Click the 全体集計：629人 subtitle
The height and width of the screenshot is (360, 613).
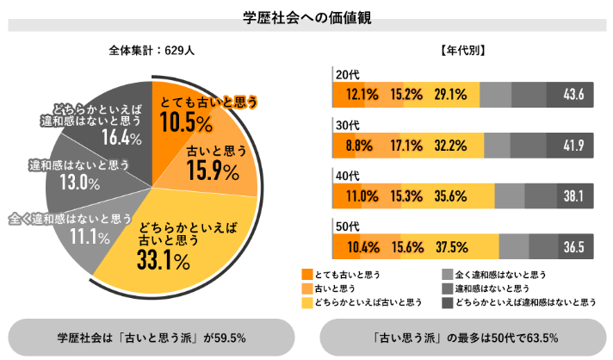coord(152,50)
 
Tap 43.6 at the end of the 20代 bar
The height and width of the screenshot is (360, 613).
coord(572,94)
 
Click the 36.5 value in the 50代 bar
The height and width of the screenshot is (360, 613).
coord(573,247)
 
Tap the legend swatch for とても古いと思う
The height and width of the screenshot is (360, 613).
coord(307,274)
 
